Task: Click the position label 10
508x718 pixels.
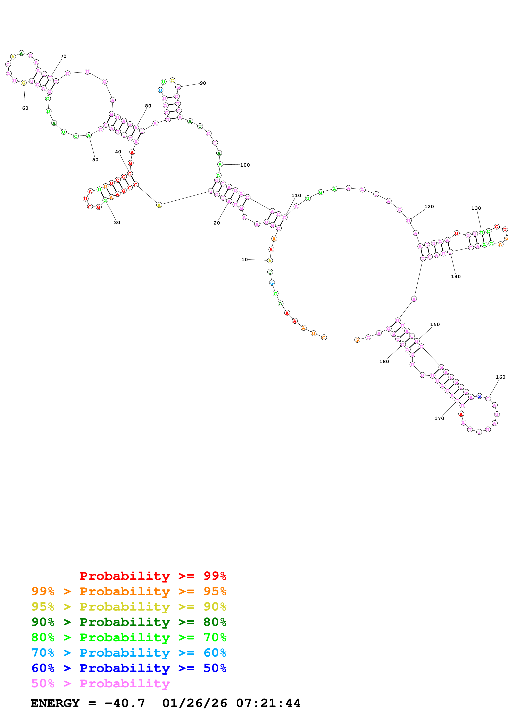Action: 244,260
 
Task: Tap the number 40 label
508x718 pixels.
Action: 118,152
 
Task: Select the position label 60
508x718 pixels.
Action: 25,108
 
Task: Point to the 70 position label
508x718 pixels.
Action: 63,56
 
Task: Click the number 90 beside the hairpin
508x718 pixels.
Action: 203,83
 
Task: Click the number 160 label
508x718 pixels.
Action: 500,377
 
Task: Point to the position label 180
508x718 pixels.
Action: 384,361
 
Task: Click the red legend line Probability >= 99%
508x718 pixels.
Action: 153,576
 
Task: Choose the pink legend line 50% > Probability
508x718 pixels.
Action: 100,684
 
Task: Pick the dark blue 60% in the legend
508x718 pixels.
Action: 43,668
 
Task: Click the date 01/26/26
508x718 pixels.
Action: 194,703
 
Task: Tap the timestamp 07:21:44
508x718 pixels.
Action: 268,703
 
